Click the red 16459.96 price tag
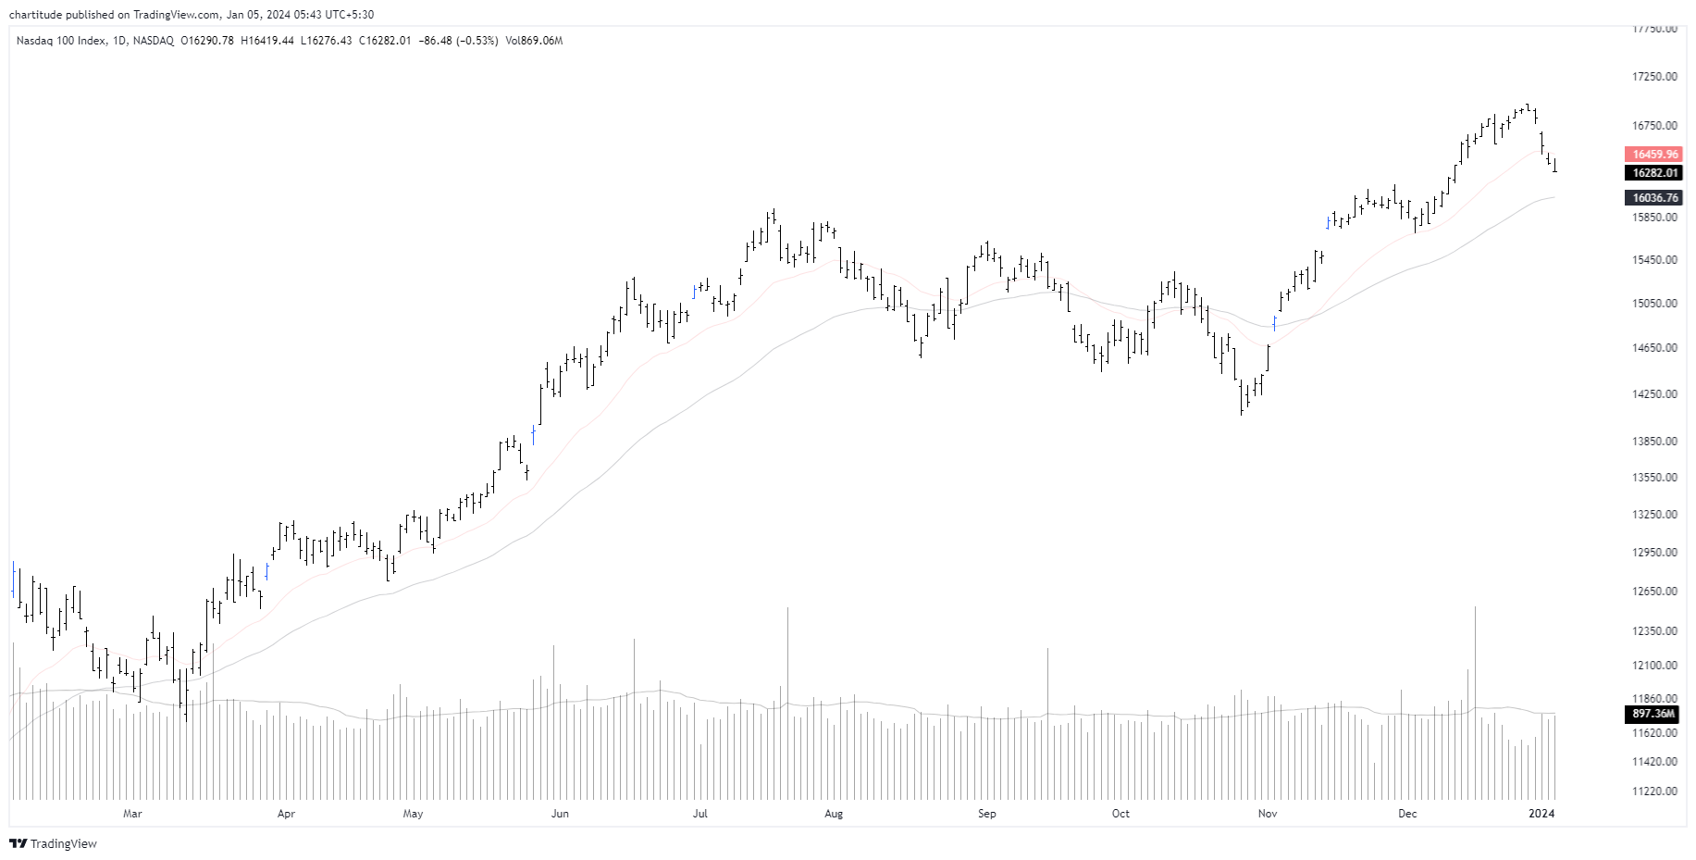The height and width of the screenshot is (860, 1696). point(1654,155)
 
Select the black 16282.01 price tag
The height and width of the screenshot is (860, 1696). point(1654,173)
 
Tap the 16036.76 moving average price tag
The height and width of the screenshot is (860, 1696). point(1654,198)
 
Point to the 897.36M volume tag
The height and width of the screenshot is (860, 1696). point(1653,714)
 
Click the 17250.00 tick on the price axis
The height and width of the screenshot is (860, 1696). point(1654,77)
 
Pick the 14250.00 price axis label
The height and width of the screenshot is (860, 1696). point(1654,394)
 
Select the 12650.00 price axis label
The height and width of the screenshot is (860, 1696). point(1654,592)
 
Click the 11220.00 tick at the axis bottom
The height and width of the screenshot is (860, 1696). point(1654,791)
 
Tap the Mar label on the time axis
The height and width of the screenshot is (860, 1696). point(132,814)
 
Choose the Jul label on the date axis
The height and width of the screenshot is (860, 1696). point(700,814)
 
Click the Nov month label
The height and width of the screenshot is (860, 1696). point(1268,814)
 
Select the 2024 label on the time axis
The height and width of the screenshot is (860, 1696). point(1541,814)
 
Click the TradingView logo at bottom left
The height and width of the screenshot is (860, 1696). point(53,843)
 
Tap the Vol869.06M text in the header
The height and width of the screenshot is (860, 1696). point(534,41)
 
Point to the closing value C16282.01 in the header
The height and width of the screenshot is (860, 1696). point(385,41)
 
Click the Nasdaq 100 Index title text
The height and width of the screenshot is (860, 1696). point(61,41)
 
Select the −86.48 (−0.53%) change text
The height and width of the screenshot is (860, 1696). point(458,41)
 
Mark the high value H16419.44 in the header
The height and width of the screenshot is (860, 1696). point(267,41)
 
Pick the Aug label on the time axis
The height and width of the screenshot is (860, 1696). point(834,814)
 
